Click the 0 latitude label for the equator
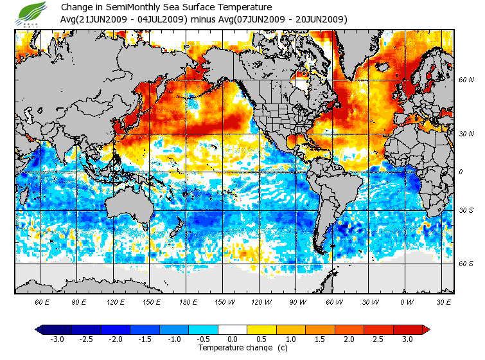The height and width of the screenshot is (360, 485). [461, 172]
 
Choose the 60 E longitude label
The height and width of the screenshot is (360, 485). [43, 301]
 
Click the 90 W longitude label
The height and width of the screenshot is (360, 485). [298, 301]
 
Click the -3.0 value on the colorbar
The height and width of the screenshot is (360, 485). [57, 339]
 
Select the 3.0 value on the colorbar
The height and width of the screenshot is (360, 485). [407, 339]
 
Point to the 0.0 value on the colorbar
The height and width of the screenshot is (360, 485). [232, 339]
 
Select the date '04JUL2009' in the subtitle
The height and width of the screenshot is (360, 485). [163, 19]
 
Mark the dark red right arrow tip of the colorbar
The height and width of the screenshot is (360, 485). [426, 329]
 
